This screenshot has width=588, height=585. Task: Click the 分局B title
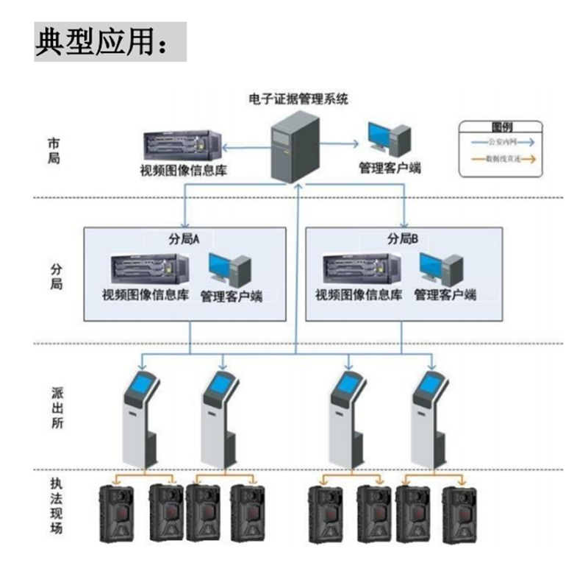[403, 238]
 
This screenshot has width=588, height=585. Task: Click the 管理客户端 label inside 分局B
[445, 296]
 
